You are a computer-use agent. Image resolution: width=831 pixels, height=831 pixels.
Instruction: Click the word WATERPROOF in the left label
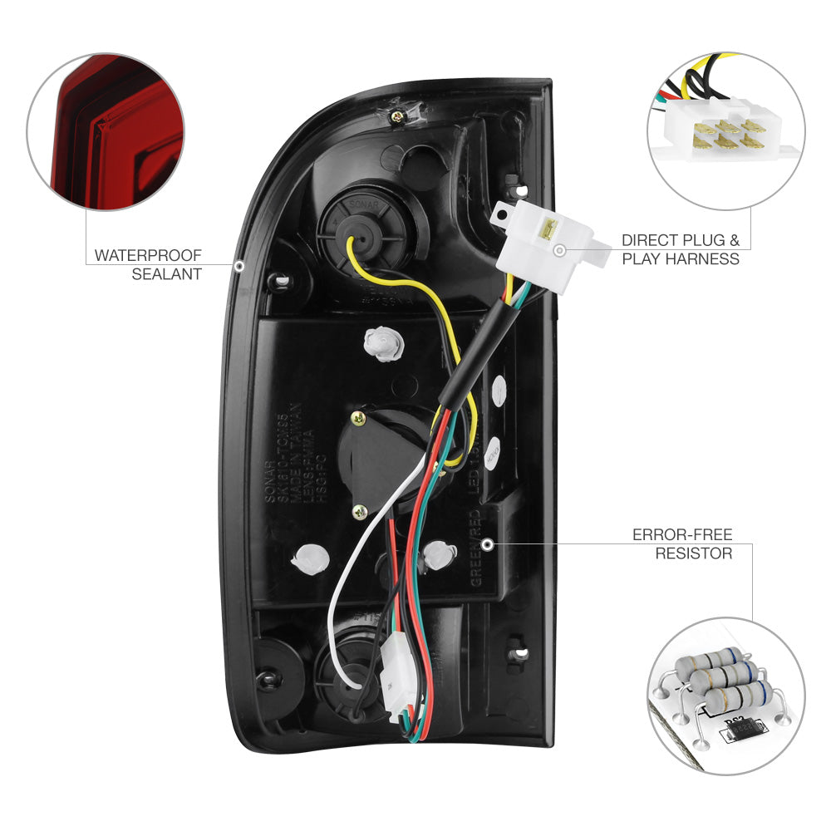click(147, 255)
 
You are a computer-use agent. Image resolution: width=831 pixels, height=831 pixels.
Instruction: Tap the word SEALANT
click(166, 273)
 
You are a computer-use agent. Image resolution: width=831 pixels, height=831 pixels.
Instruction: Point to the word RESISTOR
click(693, 553)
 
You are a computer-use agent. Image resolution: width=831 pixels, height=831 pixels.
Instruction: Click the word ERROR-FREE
click(682, 534)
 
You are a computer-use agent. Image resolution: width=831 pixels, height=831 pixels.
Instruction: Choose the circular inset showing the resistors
click(725, 696)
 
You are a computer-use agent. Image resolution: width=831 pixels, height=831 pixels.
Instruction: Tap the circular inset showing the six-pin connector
click(725, 130)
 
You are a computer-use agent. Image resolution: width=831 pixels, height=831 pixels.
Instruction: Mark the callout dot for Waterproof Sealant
click(239, 266)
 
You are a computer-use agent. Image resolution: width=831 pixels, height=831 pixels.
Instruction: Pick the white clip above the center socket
click(380, 342)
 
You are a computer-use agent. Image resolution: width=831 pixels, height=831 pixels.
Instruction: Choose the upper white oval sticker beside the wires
click(499, 390)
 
